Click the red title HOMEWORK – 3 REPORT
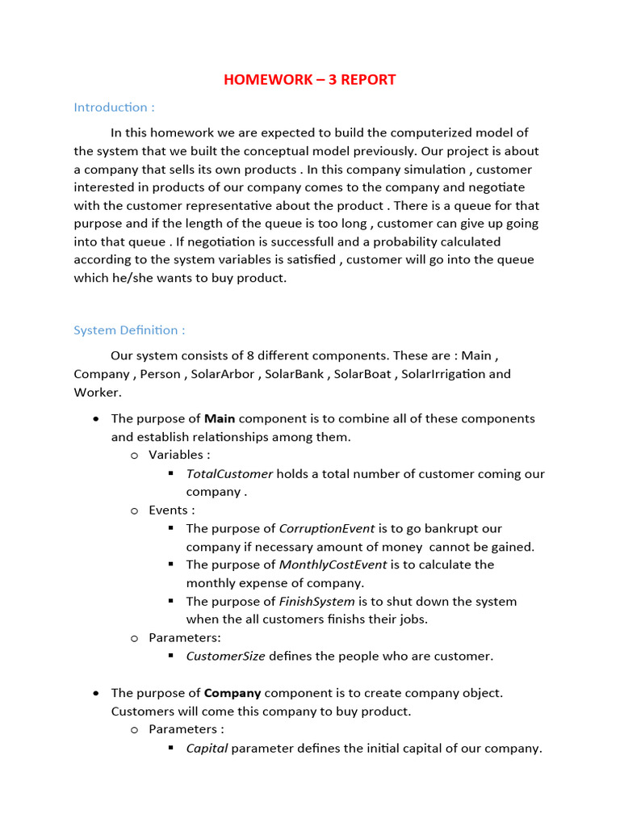pos(309,79)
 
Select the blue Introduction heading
pos(114,107)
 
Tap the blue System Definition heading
pos(129,330)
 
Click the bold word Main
pos(220,418)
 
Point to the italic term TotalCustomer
pos(229,474)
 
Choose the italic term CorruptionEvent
pos(326,529)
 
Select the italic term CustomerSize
pos(225,656)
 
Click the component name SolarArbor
pos(223,374)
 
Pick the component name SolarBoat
pos(362,374)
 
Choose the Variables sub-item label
pos(179,455)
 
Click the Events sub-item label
pos(171,510)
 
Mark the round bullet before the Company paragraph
pos(97,693)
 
